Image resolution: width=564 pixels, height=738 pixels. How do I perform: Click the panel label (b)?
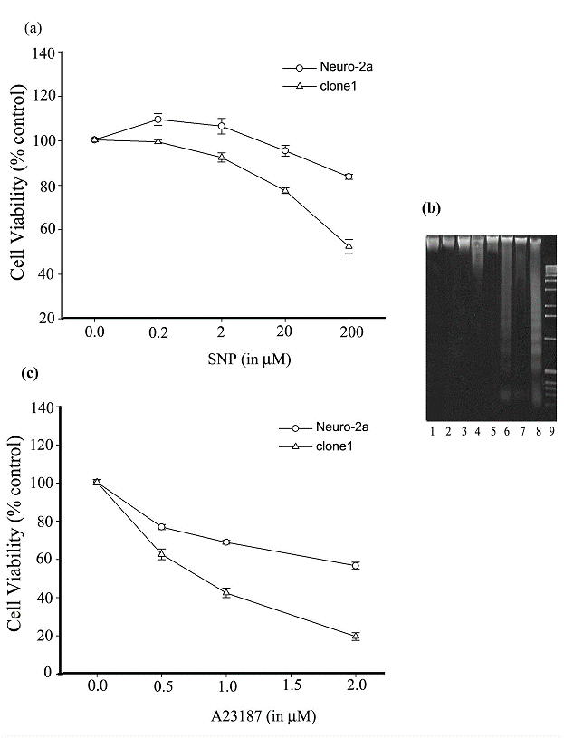pos(432,209)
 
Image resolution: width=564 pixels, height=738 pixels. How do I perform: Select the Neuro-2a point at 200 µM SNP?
pos(348,177)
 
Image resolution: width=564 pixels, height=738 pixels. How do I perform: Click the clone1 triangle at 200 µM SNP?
pos(348,244)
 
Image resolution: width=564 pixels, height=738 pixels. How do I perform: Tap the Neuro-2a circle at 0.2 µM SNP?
pos(158,119)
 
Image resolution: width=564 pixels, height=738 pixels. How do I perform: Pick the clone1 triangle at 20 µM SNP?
pos(285,190)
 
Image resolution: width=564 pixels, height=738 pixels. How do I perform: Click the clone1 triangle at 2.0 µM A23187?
pos(355,636)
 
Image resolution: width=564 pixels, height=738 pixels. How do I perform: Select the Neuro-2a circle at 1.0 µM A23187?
pos(225,542)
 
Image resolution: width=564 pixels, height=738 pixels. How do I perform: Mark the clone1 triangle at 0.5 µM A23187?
pos(161,553)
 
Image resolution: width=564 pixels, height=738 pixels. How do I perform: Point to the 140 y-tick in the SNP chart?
pos(44,53)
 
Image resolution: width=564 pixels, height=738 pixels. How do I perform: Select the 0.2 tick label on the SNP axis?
pos(158,332)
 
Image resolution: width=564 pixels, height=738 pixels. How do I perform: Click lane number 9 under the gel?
pos(550,430)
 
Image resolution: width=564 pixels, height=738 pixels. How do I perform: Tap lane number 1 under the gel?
pos(434,430)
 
